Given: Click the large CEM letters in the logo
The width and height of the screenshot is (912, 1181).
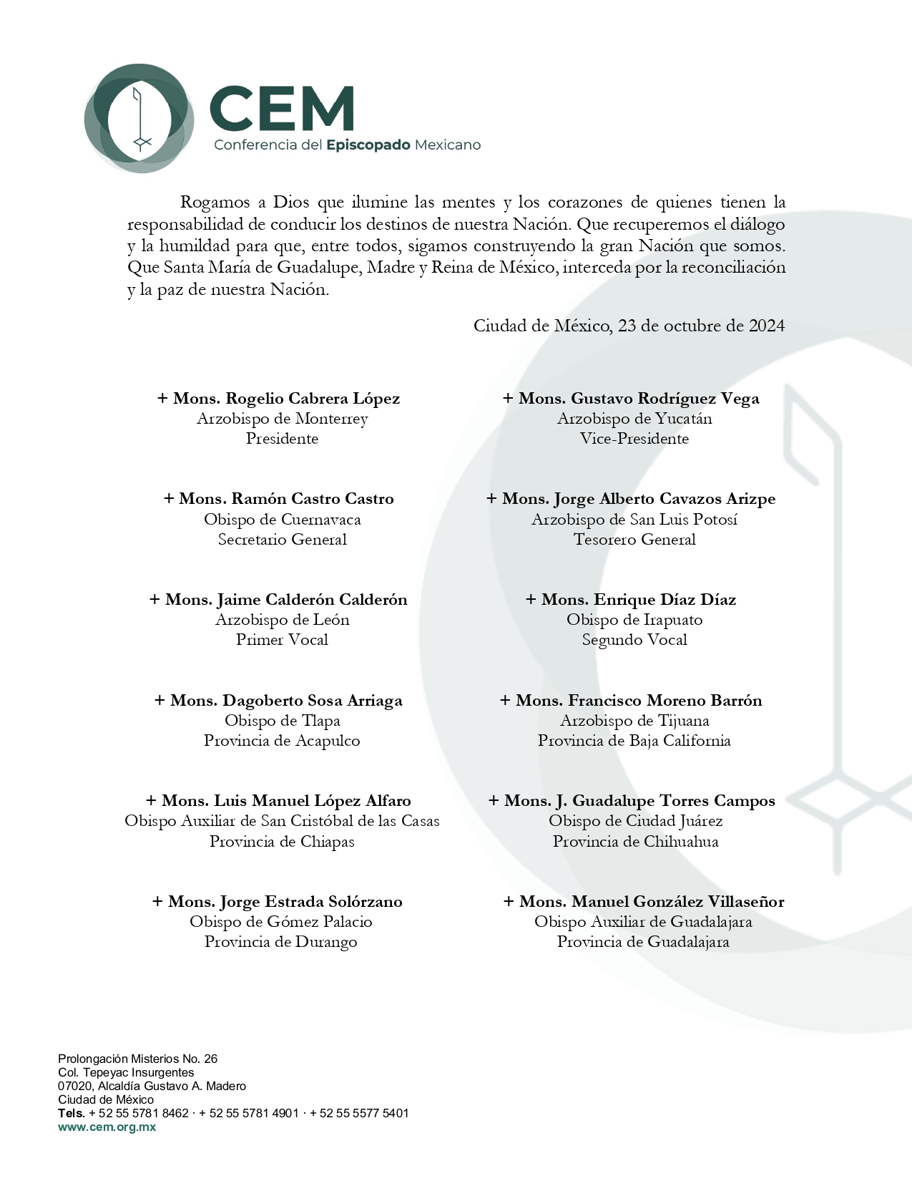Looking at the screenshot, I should click(282, 109).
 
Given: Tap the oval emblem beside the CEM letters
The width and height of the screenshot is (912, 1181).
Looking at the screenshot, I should click(139, 118).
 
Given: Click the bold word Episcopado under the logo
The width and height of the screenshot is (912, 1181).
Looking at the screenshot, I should click(368, 145).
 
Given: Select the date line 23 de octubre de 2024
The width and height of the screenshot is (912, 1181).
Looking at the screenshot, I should click(629, 326).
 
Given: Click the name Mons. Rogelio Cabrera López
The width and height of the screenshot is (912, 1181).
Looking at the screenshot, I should click(279, 399).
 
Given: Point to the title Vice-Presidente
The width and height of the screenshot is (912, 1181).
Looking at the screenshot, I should click(634, 439).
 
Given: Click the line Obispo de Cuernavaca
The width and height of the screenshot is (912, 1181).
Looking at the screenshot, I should click(282, 520).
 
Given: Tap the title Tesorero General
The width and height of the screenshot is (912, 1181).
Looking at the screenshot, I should click(634, 540).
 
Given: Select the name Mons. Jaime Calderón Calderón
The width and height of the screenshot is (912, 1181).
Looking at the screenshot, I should click(279, 600).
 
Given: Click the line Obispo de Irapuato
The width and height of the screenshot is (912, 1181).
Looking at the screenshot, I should click(634, 620).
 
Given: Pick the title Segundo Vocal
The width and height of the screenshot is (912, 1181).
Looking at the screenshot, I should click(634, 640).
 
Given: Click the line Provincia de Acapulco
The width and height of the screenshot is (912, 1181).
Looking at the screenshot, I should click(282, 741).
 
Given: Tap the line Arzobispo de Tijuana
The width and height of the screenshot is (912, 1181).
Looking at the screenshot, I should click(634, 721).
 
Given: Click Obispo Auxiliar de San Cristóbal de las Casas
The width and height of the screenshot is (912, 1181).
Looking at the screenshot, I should click(282, 821).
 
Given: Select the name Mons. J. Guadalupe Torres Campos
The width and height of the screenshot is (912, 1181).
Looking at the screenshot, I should click(632, 801).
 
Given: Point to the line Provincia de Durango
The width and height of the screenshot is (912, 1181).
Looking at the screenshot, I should click(280, 942).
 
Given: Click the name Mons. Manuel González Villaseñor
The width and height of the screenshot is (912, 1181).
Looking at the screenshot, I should click(644, 902).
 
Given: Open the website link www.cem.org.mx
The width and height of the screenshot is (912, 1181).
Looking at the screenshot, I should click(107, 1127).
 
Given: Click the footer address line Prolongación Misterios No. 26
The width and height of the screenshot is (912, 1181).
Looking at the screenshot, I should click(137, 1059).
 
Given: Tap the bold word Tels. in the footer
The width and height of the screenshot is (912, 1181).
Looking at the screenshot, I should click(72, 1114).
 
